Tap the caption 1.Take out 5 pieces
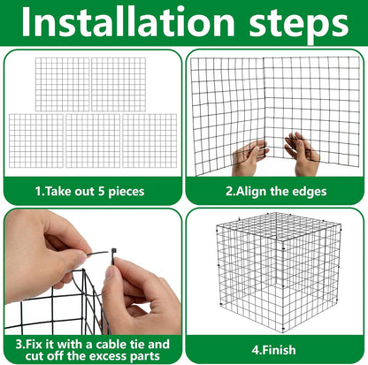coord(91,190)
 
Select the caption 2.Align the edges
coord(275,190)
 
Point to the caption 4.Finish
coord(276,349)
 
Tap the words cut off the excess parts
coord(91,355)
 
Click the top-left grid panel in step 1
coord(62,84)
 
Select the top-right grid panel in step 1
coord(119,84)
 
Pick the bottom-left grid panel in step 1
coord(34,141)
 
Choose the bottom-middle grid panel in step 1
coord(91,141)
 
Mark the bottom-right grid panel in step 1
coord(148,141)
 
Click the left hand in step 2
coord(249,158)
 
